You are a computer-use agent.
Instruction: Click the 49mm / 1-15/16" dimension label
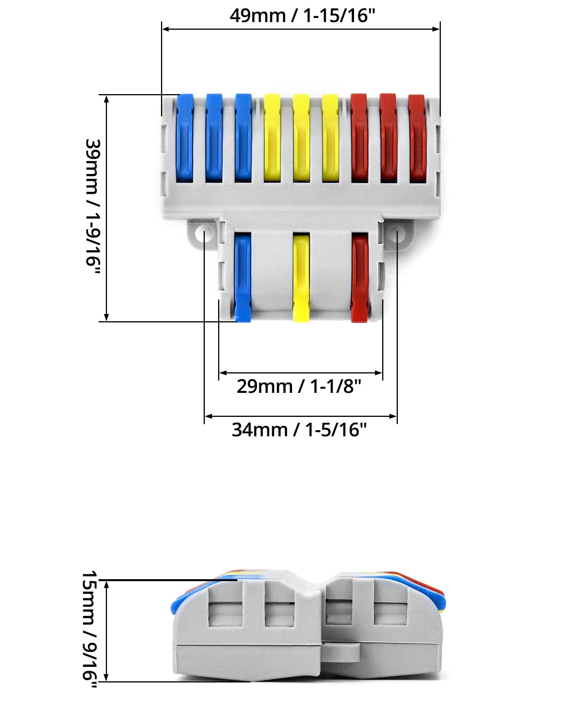coord(302,16)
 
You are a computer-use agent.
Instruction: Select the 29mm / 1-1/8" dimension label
coord(299,386)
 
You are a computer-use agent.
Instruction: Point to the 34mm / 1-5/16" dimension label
coord(299,430)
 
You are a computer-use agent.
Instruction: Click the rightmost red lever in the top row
coord(417,138)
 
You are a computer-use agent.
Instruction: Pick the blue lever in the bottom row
coord(242,278)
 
